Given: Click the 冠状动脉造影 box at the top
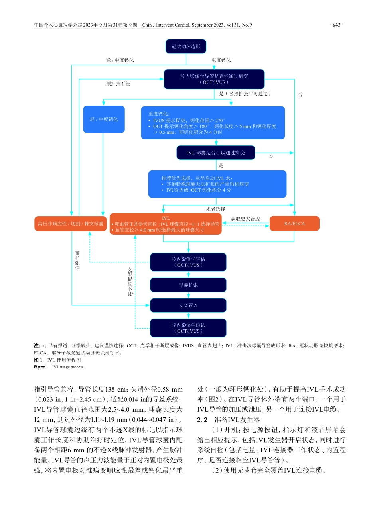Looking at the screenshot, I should click(186, 47).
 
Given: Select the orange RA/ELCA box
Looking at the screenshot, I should click(294, 224).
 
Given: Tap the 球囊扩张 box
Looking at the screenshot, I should click(188, 285).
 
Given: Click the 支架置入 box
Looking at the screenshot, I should click(188, 305).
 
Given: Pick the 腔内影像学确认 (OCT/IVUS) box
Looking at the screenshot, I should click(188, 328).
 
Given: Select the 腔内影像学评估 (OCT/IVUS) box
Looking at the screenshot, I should click(188, 262).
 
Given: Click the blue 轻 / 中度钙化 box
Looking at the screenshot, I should click(104, 119).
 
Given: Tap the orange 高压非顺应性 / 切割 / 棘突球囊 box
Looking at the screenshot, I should click(71, 224).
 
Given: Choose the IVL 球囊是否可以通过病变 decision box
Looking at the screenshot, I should click(215, 153).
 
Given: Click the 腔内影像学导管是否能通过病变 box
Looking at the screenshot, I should click(214, 79).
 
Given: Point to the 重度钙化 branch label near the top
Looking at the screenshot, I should click(221, 60).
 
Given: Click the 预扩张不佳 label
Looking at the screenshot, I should click(118, 84).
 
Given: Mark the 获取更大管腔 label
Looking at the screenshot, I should click(245, 219).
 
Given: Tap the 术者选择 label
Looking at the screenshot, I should click(215, 209).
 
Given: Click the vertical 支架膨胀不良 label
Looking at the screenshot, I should click(130, 282).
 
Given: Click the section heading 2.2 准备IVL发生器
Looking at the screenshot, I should click(229, 420).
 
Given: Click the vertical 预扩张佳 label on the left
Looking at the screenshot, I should click(77, 261).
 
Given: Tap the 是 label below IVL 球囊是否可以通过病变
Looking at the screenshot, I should click(221, 166).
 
